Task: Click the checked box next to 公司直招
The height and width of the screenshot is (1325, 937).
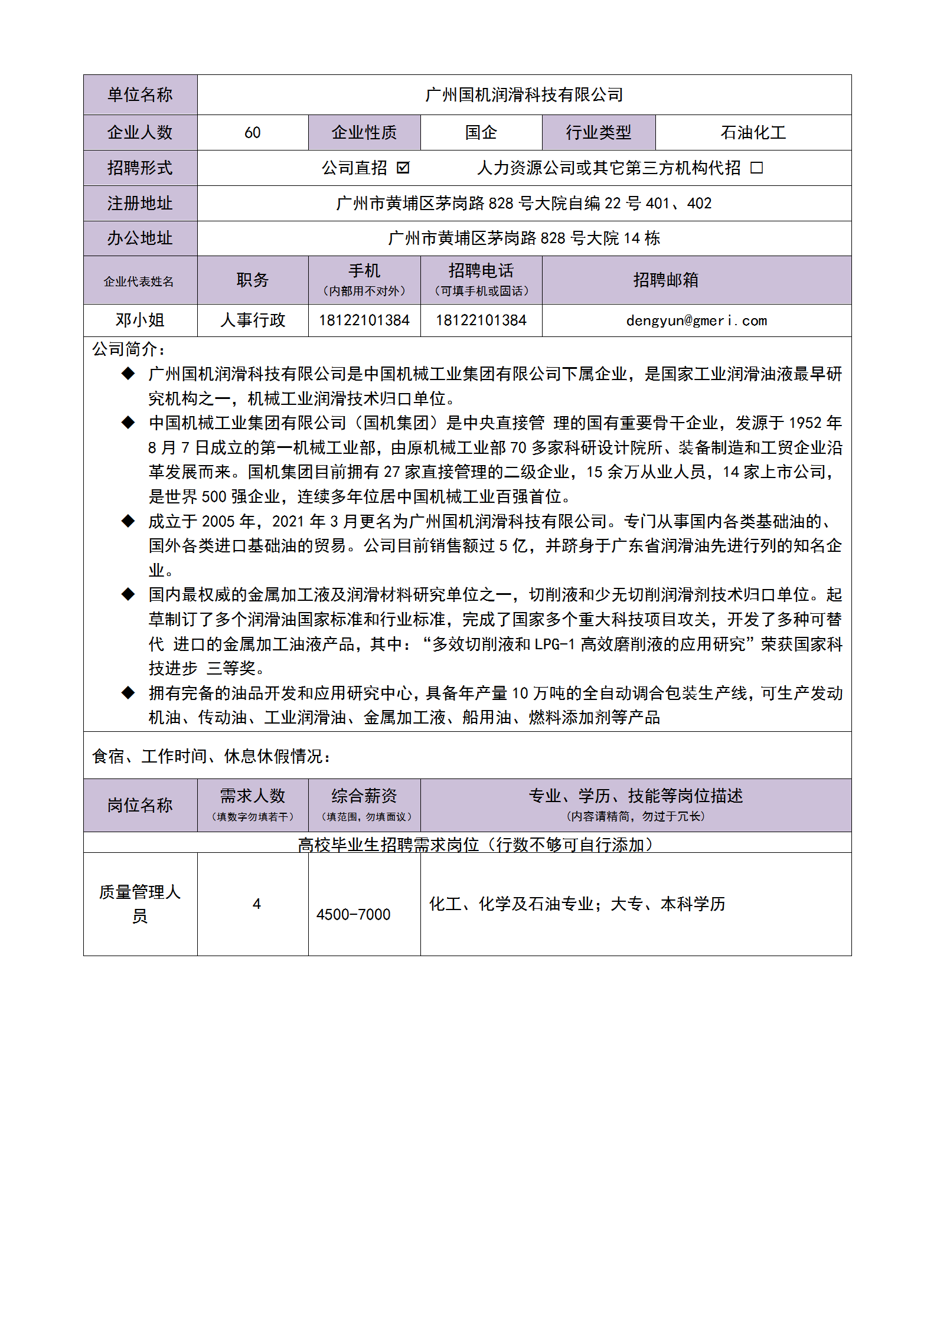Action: (403, 168)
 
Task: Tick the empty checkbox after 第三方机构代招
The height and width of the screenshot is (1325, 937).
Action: (756, 168)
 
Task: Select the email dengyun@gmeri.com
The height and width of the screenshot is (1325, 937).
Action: (696, 320)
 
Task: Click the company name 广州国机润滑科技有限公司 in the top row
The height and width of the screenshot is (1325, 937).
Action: (524, 95)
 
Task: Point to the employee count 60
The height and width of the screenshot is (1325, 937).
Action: (253, 133)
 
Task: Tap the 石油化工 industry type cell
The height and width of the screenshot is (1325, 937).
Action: (753, 133)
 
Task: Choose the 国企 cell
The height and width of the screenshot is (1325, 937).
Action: (481, 133)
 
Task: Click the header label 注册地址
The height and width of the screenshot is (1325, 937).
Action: (140, 204)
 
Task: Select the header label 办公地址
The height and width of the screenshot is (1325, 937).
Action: (140, 238)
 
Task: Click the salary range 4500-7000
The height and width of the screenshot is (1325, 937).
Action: (353, 914)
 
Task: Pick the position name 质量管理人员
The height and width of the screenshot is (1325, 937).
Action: (140, 903)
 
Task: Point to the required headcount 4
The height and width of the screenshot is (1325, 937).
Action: (256, 904)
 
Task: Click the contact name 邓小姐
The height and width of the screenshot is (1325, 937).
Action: (140, 320)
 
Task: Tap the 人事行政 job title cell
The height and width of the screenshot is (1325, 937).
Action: (253, 320)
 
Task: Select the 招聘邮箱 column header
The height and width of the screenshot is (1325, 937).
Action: (665, 280)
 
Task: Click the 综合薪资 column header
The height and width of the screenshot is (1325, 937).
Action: (364, 796)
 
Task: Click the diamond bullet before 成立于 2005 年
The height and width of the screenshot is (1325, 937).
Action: (128, 521)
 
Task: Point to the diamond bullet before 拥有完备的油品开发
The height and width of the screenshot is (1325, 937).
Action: (128, 692)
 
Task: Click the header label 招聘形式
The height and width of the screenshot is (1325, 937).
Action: (140, 168)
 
